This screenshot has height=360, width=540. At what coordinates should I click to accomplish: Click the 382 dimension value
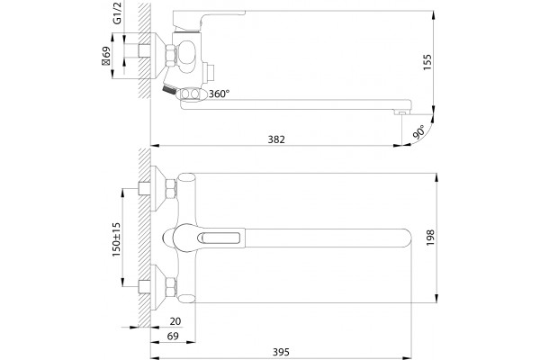coord(276,139)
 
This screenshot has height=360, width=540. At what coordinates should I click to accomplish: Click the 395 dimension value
coord(281,352)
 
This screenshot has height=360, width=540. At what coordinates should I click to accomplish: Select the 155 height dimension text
coord(427,62)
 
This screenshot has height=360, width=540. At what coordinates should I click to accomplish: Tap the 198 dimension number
coord(430,238)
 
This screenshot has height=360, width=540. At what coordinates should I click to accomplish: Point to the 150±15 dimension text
coord(116,239)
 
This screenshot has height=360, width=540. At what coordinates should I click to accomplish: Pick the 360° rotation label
coord(219,94)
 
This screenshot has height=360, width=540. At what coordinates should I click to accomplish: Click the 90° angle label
coord(419,132)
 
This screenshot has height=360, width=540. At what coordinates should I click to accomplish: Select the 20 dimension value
coord(175,321)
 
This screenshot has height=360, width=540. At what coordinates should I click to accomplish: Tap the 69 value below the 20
coord(173,336)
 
